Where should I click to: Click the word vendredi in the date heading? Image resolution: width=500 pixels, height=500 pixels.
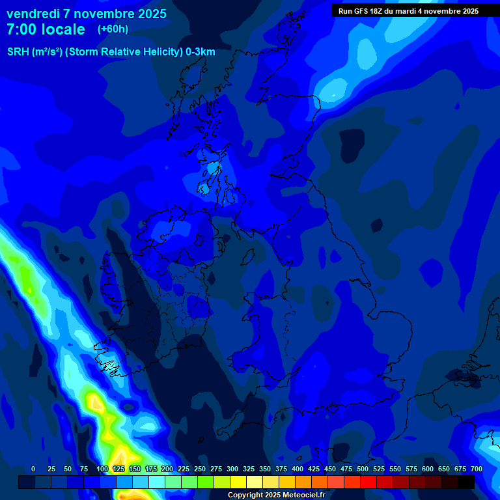33,14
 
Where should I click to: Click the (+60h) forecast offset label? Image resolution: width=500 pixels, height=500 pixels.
113,29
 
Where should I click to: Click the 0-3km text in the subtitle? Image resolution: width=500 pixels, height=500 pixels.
200,52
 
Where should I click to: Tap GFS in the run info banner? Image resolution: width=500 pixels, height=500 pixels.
363,11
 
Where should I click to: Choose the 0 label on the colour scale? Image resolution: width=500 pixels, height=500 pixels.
33,469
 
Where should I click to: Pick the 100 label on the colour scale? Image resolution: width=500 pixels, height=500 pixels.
102,469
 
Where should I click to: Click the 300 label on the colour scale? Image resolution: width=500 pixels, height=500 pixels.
232,469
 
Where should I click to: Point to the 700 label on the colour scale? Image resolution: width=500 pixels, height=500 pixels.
476,469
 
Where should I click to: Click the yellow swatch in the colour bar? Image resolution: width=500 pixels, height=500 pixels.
238,482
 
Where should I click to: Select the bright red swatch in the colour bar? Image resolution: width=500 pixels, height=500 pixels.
368,482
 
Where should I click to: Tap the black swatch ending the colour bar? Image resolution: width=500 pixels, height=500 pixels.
466,482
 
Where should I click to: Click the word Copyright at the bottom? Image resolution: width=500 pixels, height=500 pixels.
246,495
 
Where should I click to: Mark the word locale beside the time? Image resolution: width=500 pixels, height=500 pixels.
63,29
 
